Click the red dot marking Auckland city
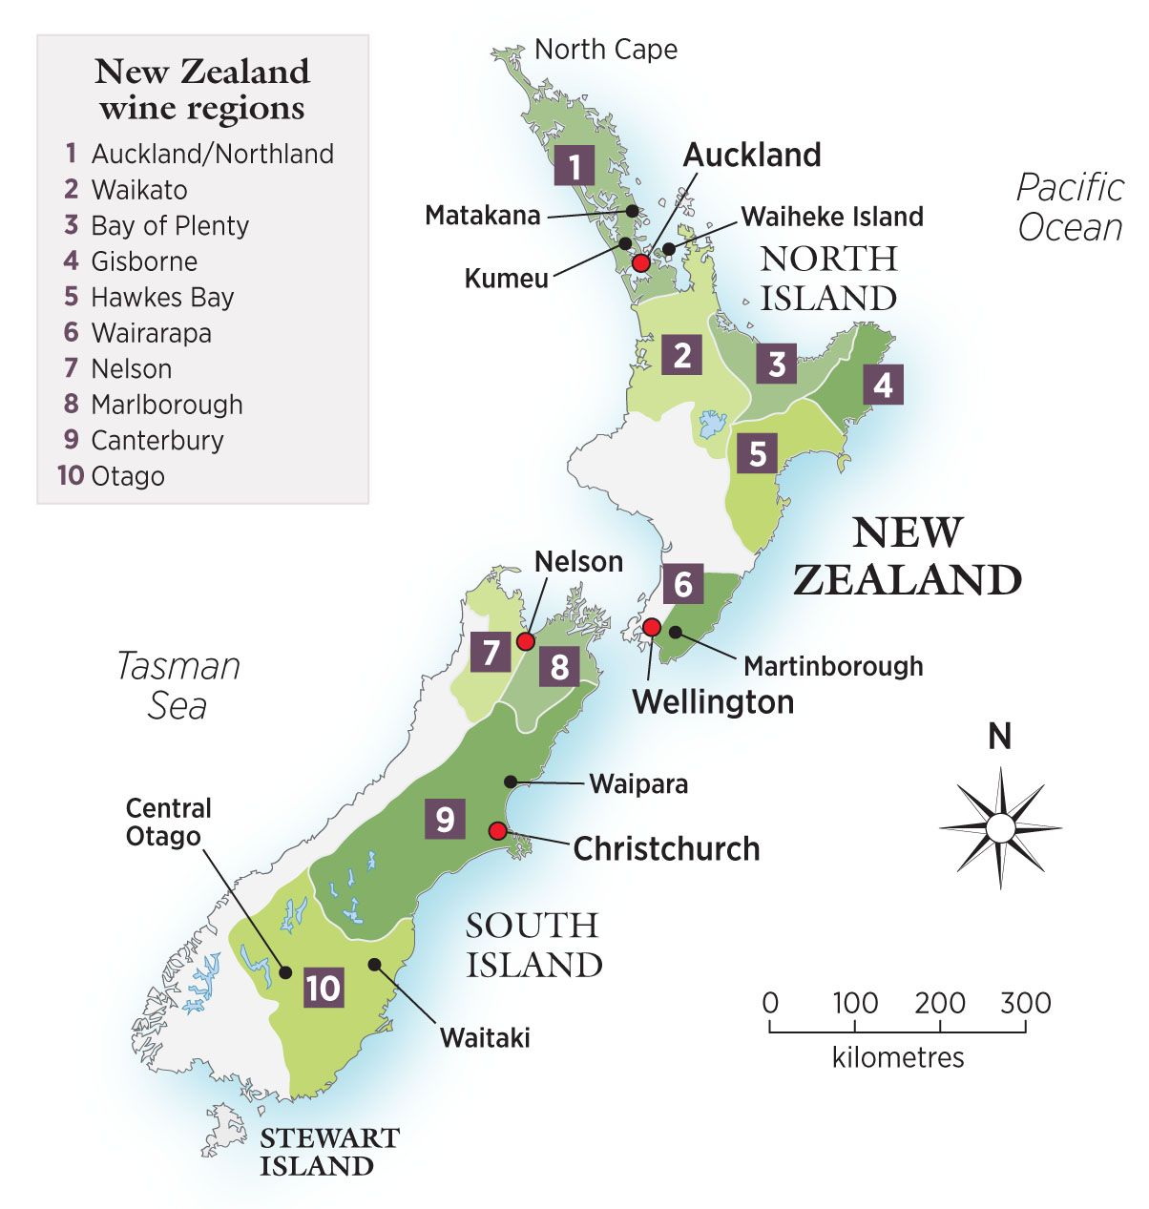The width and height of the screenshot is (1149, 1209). (x=641, y=262)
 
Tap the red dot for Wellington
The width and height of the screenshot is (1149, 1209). (x=651, y=627)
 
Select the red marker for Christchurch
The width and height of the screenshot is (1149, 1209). (x=496, y=831)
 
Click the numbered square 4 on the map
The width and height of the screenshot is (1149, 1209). (x=883, y=386)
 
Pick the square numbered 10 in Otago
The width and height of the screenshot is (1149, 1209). (x=324, y=987)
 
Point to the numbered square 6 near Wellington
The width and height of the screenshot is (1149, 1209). (x=682, y=583)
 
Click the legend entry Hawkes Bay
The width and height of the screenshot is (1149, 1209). (x=162, y=298)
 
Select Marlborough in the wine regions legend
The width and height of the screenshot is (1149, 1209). (x=166, y=405)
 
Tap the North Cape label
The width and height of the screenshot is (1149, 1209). (x=605, y=50)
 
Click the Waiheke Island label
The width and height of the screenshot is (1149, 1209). (x=832, y=217)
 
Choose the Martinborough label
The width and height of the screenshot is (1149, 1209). (x=833, y=665)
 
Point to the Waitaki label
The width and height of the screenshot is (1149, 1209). (x=485, y=1037)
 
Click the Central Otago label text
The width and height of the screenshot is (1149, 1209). (x=169, y=823)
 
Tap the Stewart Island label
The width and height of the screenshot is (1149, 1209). (x=328, y=1152)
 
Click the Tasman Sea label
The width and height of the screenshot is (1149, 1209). (x=178, y=685)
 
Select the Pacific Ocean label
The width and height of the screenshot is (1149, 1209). (x=1070, y=207)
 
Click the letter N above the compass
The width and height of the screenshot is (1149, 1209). (x=999, y=738)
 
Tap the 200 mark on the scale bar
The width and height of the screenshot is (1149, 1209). (x=940, y=1004)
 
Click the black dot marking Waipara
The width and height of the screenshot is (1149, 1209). (x=511, y=782)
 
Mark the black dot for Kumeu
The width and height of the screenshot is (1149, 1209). (x=624, y=243)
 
